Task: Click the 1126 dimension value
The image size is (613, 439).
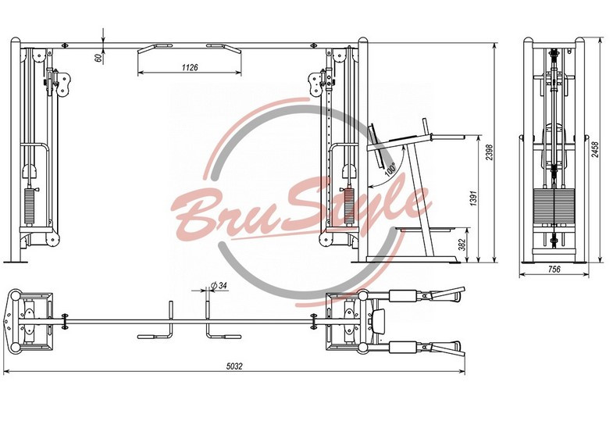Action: pos(190,67)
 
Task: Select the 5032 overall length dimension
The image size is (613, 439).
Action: pos(234,366)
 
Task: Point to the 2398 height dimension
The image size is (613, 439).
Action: pos(489,152)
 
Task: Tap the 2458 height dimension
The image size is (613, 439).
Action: pos(594,149)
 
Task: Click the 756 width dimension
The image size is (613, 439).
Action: pos(554,269)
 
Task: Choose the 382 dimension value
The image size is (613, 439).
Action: pos(462,244)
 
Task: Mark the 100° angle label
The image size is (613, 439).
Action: pos(390,169)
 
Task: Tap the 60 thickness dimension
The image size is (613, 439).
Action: pos(98,58)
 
